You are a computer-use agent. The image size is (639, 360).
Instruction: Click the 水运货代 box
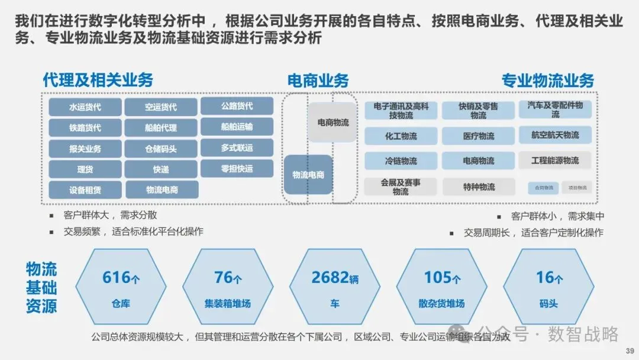(85, 107)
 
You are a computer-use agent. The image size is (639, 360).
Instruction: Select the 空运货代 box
(161, 107)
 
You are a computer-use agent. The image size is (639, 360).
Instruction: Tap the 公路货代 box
(237, 106)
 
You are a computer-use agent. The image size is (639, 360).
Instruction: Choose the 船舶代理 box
(161, 128)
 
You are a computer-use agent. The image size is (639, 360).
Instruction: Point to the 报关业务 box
(85, 149)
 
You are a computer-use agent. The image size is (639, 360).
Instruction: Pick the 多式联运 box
(237, 147)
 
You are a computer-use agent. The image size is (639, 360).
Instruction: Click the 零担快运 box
(237, 169)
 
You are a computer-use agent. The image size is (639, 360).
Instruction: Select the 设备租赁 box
(85, 190)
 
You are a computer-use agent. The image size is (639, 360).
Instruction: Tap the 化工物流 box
(401, 136)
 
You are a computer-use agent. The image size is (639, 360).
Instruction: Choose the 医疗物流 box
(479, 136)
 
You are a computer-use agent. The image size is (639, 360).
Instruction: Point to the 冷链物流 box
(401, 161)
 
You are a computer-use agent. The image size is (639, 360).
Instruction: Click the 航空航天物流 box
(555, 135)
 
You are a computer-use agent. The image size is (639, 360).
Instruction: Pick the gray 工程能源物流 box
(555, 160)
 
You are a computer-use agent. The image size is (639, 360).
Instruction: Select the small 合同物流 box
(543, 188)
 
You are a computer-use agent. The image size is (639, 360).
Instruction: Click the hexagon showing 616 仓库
(121, 287)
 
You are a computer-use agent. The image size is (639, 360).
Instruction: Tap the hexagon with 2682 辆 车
(335, 287)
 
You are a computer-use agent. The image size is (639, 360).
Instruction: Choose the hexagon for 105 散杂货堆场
(443, 287)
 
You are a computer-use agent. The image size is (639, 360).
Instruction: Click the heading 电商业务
(318, 81)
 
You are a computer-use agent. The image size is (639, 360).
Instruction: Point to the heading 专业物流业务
(547, 81)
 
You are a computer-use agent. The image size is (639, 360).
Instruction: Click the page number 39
(629, 351)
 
